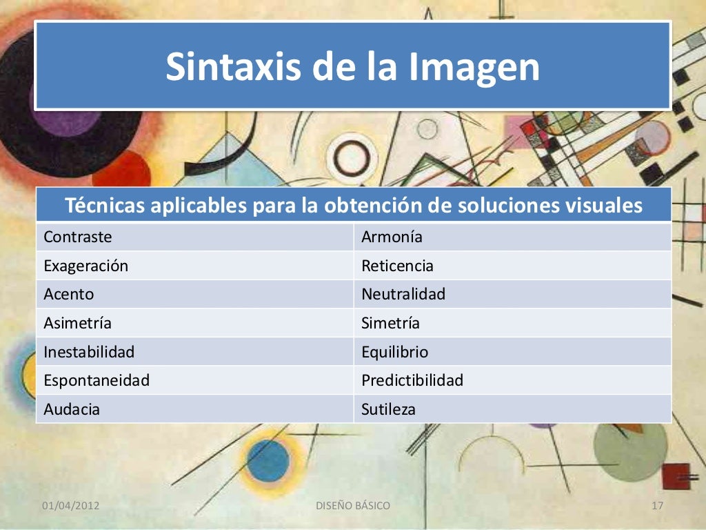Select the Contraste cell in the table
point(78,237)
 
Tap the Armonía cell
point(392,237)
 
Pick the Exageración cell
point(85,266)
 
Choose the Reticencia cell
point(397,266)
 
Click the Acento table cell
point(69,294)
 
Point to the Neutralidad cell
point(403,294)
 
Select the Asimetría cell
point(77,323)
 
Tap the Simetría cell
point(390,323)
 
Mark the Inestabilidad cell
point(89,352)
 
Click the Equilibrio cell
point(394,352)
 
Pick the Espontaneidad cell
point(97,380)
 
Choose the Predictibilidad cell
point(412,380)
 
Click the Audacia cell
point(72,409)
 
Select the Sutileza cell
point(389,409)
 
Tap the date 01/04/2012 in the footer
point(71,506)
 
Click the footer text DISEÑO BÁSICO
point(353,506)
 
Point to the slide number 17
point(657,506)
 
